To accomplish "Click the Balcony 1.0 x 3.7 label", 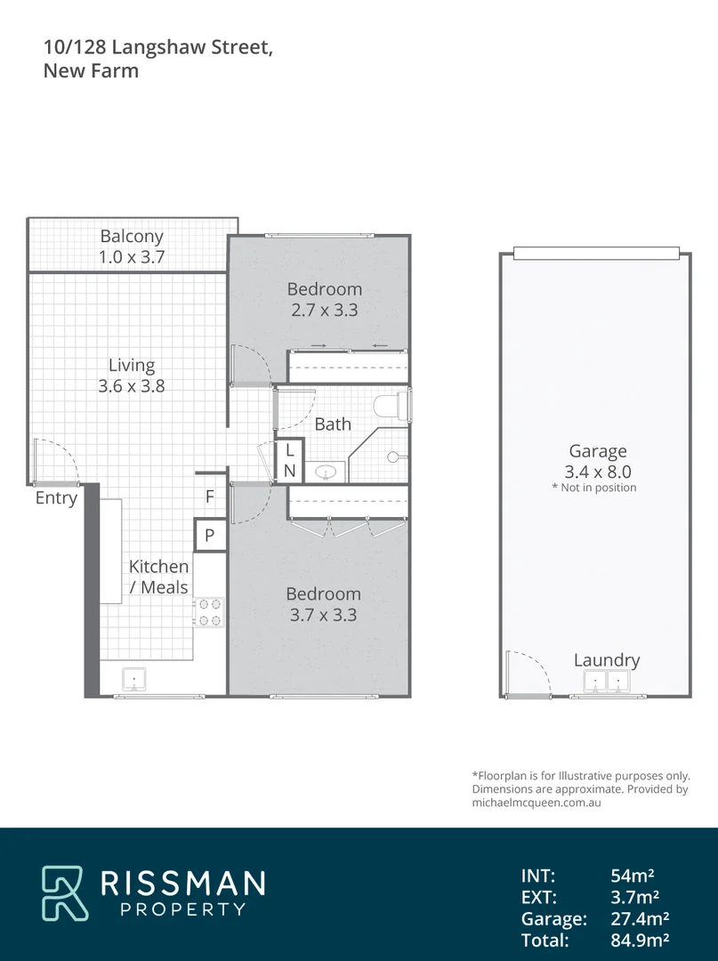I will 132,247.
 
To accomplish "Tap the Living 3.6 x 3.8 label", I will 132,376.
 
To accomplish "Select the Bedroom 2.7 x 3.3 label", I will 325,299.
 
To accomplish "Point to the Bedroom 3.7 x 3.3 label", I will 323,604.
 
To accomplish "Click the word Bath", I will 333,424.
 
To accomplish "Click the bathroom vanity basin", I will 327,472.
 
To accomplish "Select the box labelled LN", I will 289,461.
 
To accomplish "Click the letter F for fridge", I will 210,497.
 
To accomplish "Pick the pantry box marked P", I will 210,536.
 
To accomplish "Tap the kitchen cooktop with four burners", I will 210,612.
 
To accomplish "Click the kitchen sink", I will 133,679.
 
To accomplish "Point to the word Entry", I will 56,498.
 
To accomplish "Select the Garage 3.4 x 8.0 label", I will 598,462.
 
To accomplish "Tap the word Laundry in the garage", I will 607,659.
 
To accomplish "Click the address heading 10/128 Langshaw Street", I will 157,47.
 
